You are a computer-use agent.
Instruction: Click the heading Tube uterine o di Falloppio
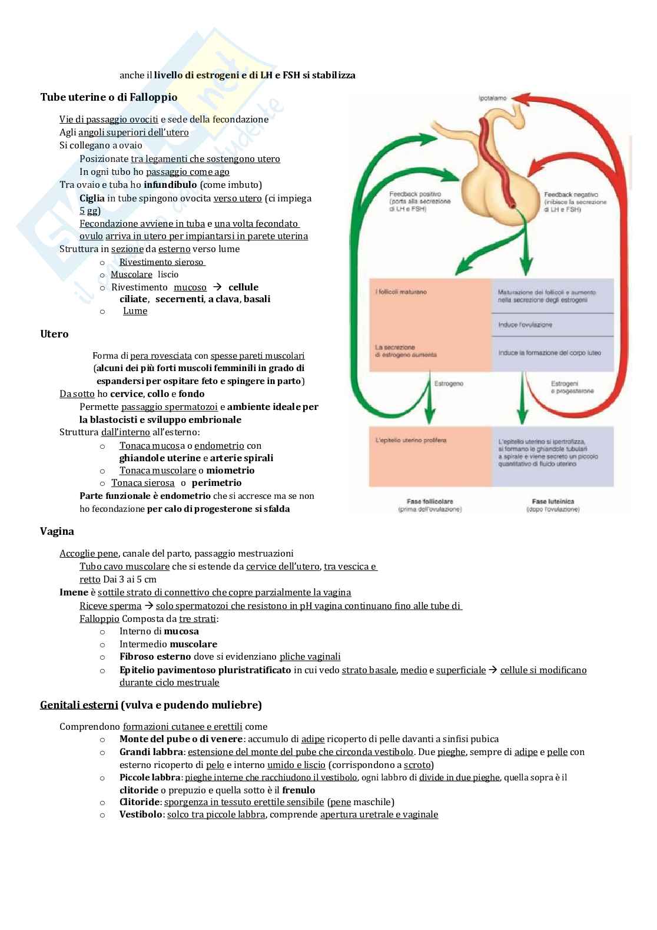(108, 97)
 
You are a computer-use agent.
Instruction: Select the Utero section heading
(54, 334)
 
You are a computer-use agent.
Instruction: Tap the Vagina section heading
(57, 531)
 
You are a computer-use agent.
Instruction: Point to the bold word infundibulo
(170, 185)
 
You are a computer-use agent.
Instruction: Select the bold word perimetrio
(217, 483)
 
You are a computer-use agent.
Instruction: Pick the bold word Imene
(74, 593)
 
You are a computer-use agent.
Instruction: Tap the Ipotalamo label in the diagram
(492, 98)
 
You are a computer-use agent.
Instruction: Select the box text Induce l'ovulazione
(525, 325)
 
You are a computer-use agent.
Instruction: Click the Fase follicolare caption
(430, 502)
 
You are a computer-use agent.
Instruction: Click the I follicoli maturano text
(401, 292)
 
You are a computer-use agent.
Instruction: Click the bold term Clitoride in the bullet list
(139, 802)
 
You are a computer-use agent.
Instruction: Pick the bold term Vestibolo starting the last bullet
(141, 815)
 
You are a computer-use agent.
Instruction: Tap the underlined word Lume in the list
(135, 311)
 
